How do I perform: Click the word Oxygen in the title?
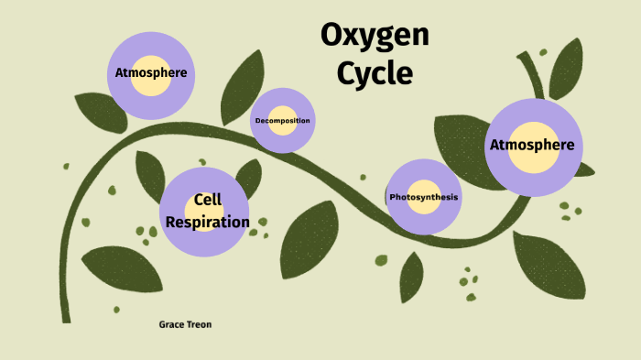coord(375,37)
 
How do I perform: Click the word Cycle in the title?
coord(375,72)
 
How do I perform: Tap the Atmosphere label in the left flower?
coord(152,72)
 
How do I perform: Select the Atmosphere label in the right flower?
coord(532,145)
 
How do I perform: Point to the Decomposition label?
coord(282,121)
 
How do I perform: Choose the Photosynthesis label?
coord(423,198)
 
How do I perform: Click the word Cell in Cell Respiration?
coord(208,200)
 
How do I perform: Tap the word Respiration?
coord(207,222)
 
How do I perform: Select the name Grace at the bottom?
coord(172,324)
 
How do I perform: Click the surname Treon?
coord(200,324)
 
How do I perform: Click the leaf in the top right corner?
coord(566,68)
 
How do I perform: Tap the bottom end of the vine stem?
coord(65,316)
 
